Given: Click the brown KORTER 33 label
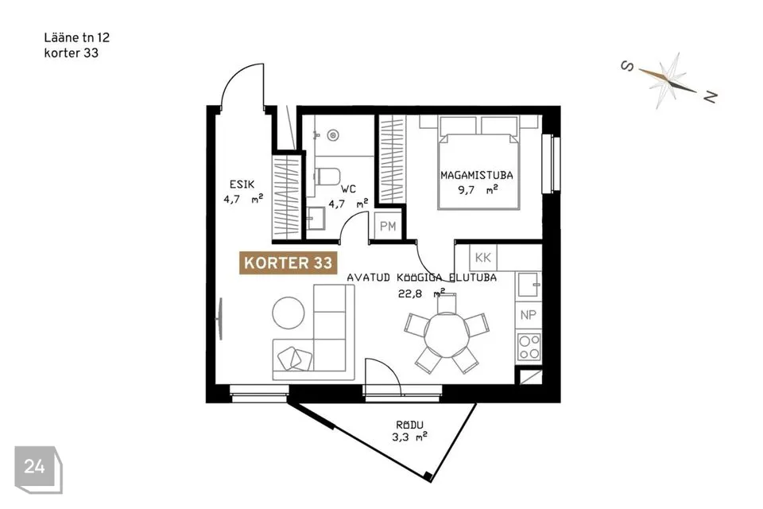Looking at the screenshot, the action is coord(288,263).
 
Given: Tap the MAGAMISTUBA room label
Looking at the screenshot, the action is coord(476,175).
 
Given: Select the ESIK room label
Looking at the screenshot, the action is coord(242,185).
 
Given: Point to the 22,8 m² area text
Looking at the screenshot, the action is coord(421,293).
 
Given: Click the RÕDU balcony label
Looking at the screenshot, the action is coord(410,425).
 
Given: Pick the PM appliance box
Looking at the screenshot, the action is coord(388,226).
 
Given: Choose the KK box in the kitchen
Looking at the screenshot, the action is coord(482,257).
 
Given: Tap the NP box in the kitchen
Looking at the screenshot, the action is coord(528,315).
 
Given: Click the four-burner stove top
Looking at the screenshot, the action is coord(529,347).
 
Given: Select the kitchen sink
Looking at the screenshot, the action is coord(529,285).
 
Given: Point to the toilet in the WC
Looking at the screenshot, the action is coord(327,177).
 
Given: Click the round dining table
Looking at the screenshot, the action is coord(446,336).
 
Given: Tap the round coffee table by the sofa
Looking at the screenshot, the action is coord(289,313).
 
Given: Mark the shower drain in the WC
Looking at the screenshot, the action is coord(333,135).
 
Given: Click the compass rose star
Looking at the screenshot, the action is coord(668,80).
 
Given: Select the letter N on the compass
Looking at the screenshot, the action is coord(711,97).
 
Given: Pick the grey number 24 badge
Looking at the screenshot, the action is coord(38,469).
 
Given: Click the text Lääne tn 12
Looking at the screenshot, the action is coord(77,37).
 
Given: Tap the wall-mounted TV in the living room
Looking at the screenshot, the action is coord(219,319).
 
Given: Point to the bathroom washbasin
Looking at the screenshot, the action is coord(316,218).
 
